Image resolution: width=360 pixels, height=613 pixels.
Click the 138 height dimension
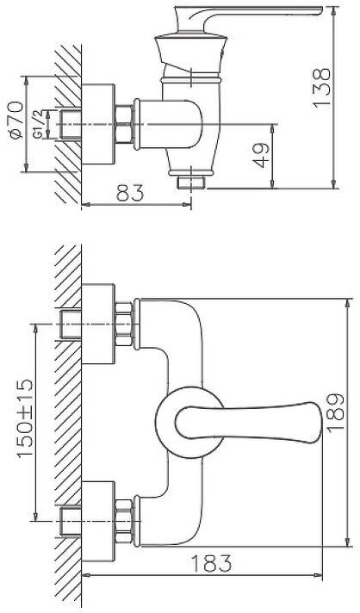coord(322,88)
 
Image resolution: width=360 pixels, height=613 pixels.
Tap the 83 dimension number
coord(131,193)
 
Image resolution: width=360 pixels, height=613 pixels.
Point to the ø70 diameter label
coord(16,120)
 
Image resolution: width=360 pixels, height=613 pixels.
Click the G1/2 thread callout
coord(38,124)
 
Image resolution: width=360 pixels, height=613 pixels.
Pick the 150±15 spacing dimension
coord(26,418)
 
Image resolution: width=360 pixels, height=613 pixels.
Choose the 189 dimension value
coord(335,412)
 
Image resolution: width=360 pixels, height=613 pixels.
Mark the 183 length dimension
coord(211,563)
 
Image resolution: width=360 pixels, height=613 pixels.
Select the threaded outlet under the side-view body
coord(190,183)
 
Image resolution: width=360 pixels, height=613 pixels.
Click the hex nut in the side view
coord(124,124)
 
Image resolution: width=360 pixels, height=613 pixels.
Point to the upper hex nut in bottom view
coord(124,324)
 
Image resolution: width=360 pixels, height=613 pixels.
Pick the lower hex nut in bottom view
coord(124,521)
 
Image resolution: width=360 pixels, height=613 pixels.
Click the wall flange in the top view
coord(98,124)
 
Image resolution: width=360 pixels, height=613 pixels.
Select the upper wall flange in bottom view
coord(98,324)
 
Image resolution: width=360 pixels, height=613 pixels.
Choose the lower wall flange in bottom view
coord(98,522)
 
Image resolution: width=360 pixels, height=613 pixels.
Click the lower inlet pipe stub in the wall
coord(71,521)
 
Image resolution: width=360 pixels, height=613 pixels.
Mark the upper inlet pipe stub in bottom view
coord(71,324)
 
